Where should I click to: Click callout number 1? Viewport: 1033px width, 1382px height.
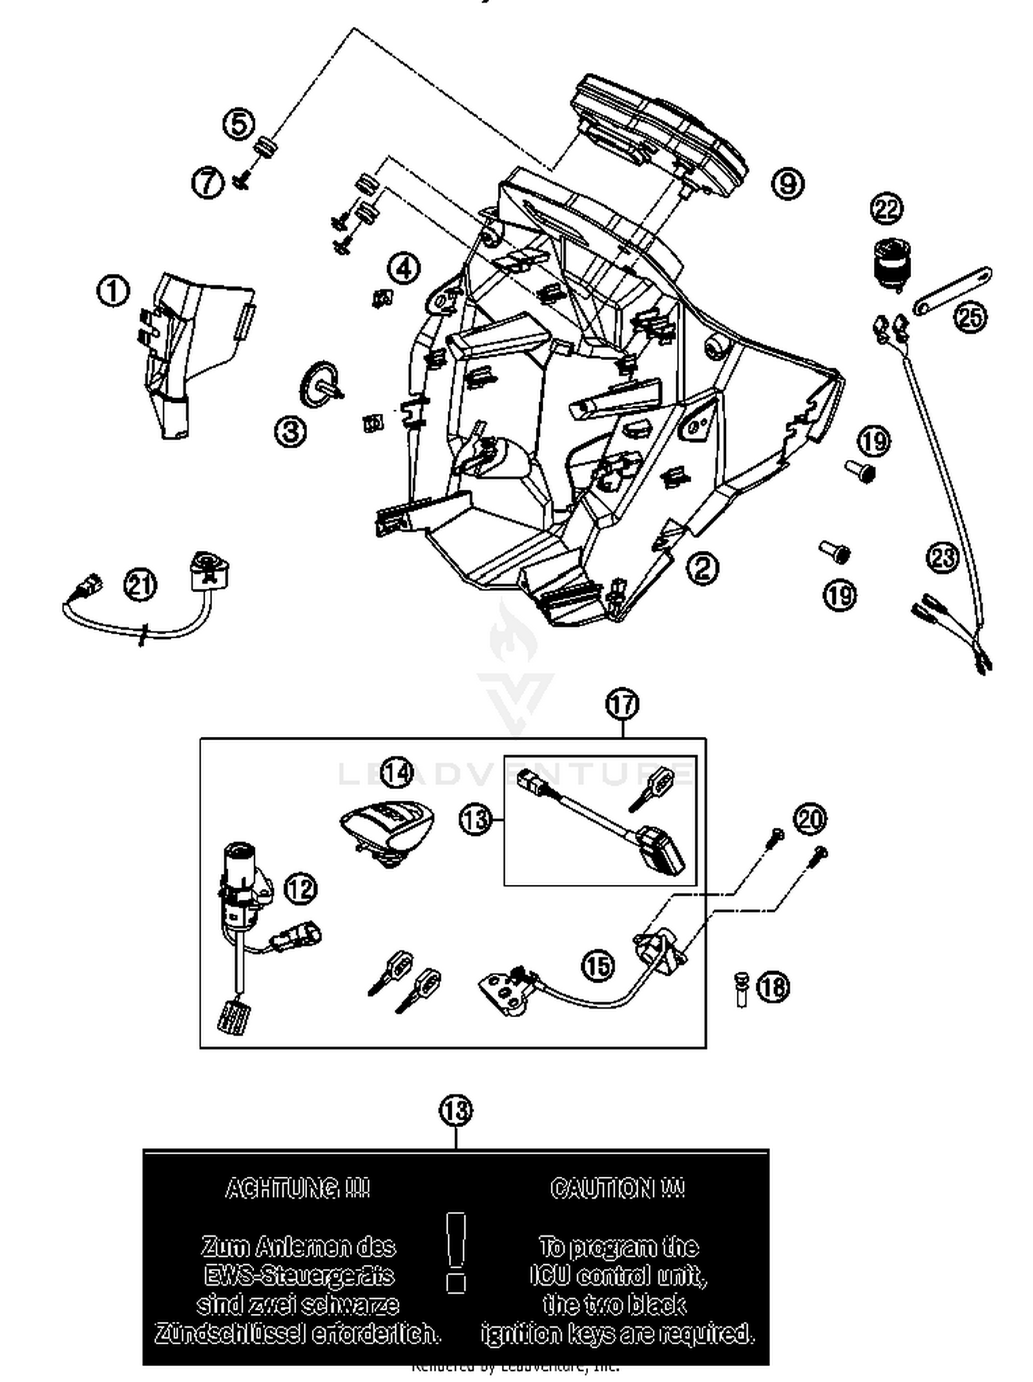point(113,291)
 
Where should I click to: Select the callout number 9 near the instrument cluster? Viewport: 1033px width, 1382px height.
point(787,183)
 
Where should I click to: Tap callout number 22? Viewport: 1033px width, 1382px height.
point(886,208)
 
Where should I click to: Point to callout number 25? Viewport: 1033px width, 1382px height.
point(970,317)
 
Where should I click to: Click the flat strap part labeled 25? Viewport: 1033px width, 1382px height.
point(952,290)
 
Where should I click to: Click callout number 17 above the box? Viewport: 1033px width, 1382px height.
point(622,704)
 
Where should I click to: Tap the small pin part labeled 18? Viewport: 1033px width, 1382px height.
point(741,990)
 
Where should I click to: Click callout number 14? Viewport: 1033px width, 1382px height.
point(396,773)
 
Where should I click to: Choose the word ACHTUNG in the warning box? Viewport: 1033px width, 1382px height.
point(298,1189)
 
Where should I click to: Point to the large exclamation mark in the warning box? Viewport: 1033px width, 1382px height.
point(456,1251)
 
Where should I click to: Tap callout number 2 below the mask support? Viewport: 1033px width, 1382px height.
point(702,567)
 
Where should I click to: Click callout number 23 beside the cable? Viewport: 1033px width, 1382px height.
point(943,557)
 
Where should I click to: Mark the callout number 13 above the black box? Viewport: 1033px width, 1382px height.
point(456,1110)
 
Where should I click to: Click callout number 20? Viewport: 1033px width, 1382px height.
point(810,819)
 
